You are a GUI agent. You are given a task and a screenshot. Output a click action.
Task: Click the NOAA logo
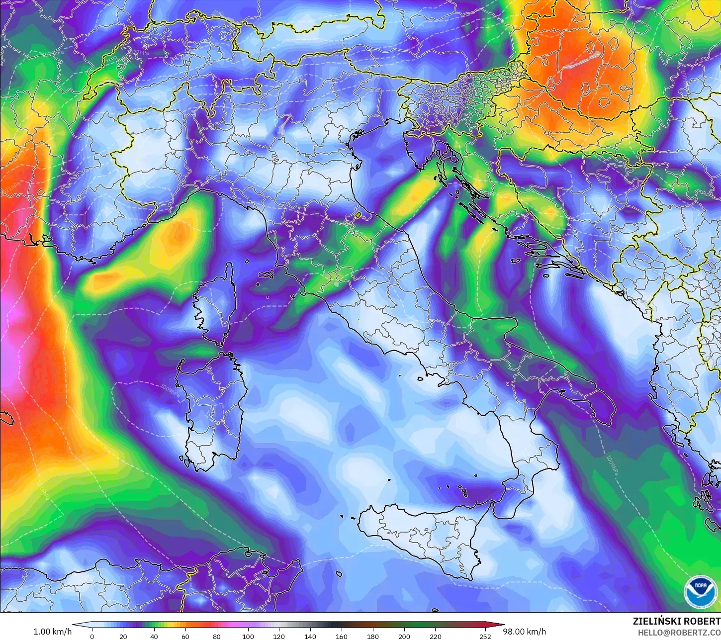701,591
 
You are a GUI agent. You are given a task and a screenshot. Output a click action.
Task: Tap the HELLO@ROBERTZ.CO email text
679,633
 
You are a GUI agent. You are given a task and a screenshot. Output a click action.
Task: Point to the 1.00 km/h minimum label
52,632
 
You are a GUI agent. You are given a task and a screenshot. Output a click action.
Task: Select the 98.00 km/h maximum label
524,632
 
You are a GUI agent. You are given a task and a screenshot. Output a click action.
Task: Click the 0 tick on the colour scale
92,636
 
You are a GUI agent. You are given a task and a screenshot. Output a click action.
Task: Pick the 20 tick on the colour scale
123,636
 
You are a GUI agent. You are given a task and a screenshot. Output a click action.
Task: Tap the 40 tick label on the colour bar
154,636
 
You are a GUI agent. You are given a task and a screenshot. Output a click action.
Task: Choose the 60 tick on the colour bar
185,636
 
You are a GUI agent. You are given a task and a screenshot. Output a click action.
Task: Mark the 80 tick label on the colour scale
217,636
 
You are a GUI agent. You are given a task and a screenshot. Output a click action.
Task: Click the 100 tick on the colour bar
248,636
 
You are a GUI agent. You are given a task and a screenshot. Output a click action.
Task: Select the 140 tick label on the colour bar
310,636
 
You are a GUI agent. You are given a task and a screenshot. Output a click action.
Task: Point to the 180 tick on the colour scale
373,636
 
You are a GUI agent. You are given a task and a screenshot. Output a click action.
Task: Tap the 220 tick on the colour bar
436,636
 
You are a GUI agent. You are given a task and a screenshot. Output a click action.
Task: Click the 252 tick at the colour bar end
485,636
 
